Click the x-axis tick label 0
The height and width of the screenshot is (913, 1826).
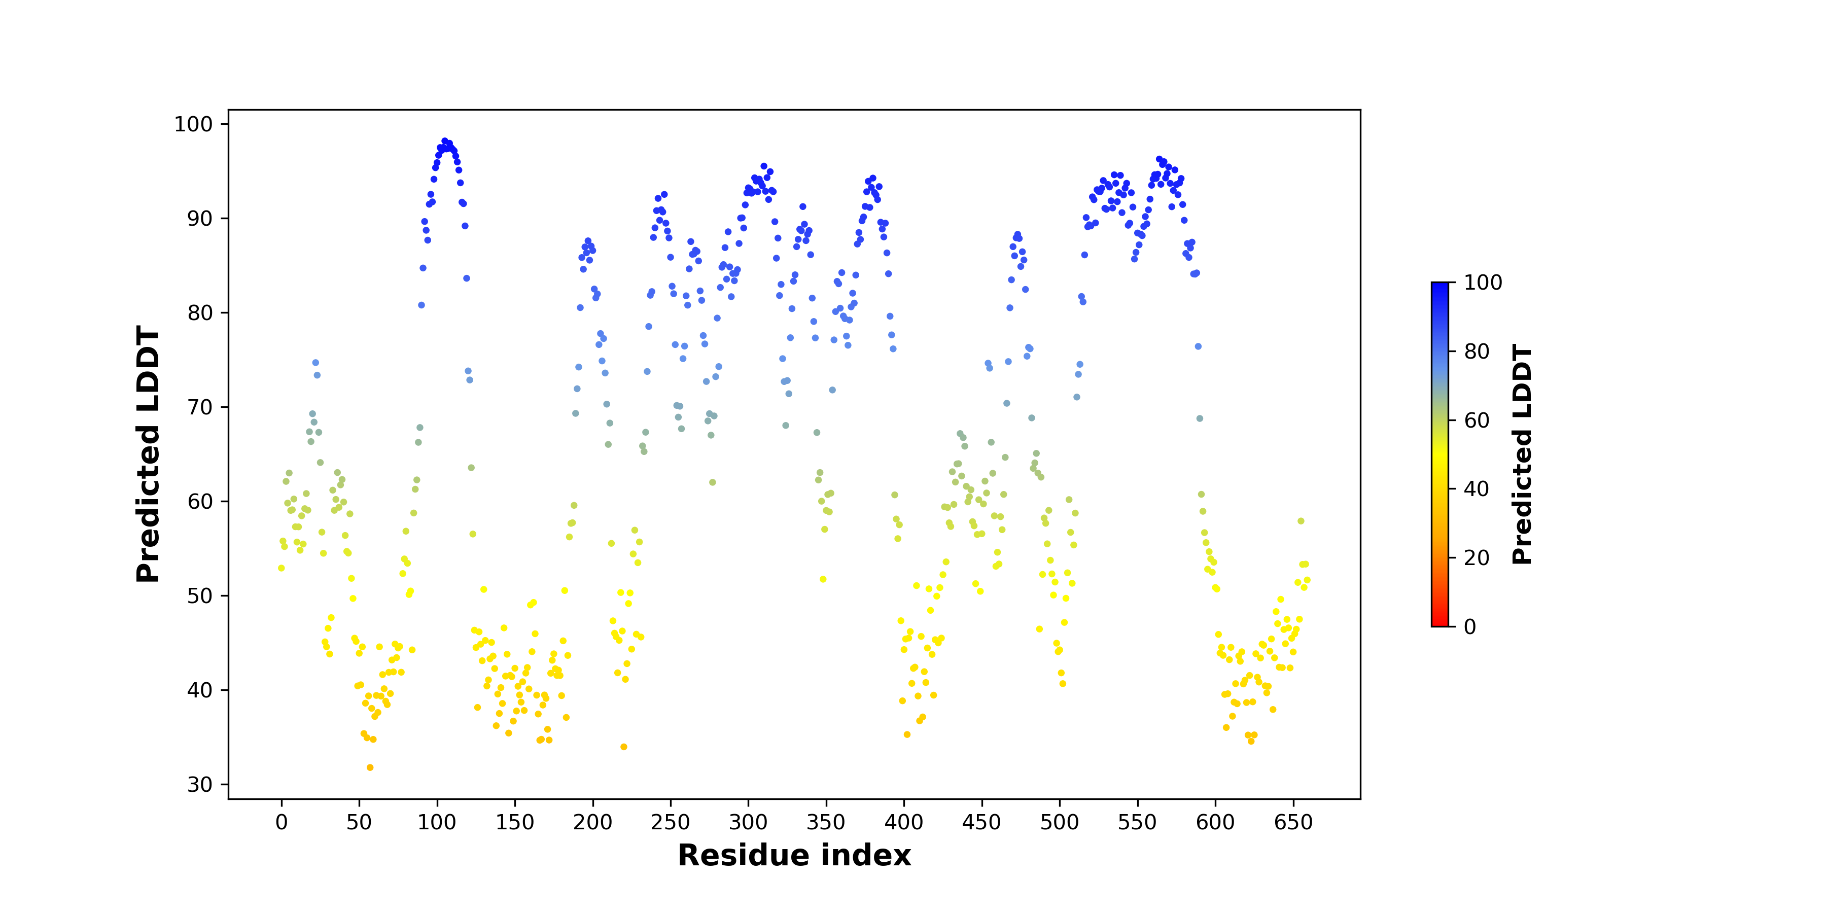282,822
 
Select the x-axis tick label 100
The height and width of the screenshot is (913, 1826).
437,822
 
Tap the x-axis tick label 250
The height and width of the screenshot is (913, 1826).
670,822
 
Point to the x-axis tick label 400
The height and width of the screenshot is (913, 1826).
904,822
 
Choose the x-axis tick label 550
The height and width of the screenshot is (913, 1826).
1137,822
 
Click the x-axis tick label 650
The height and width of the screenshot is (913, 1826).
1293,822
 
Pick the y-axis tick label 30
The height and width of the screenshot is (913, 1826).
200,785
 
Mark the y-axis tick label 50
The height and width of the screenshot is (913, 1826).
200,596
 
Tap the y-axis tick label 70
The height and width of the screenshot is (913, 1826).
200,408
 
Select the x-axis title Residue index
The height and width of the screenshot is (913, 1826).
794,856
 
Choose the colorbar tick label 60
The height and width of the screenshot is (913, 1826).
1477,421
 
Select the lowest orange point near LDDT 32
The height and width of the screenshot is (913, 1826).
370,768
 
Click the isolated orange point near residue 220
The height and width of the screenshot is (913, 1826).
624,747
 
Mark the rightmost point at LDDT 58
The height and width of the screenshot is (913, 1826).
1301,521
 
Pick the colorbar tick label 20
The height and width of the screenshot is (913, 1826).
1477,558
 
